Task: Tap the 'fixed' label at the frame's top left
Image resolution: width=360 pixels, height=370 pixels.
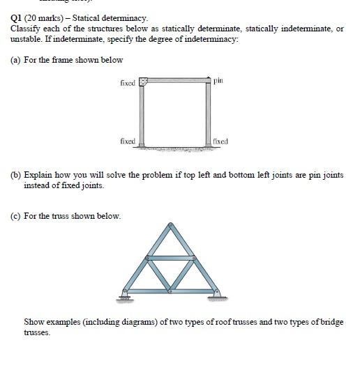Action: point(127,82)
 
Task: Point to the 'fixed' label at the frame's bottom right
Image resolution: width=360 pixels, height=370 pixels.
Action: point(220,141)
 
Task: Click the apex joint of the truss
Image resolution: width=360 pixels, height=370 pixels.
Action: point(170,224)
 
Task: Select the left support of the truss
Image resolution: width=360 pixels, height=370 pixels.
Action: point(126,296)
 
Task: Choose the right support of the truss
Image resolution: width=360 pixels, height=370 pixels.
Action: point(217,295)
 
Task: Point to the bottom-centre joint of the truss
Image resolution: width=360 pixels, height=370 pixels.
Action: point(171,291)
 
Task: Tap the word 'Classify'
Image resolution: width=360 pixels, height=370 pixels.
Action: point(24,29)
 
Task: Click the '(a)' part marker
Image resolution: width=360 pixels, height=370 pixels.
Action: point(15,60)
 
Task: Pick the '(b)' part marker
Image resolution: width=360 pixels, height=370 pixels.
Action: point(15,175)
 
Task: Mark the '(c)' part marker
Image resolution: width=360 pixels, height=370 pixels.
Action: point(15,215)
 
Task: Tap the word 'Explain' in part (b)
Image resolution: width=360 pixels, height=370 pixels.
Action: point(39,175)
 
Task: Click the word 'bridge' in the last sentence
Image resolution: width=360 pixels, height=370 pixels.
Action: point(331,321)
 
